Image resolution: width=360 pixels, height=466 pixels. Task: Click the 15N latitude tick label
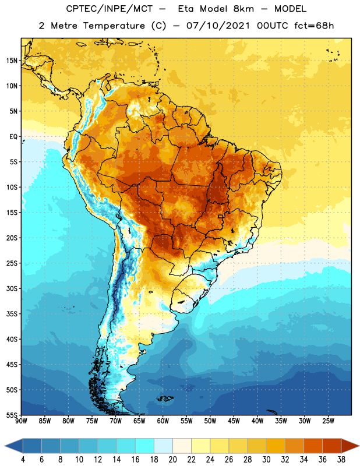point(12,61)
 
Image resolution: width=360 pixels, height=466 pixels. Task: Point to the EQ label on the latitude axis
point(13,137)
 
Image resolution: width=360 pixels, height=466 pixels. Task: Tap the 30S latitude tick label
point(12,288)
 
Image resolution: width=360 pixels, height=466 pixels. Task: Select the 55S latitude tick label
point(12,415)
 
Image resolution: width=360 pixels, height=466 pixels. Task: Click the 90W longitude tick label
point(21,421)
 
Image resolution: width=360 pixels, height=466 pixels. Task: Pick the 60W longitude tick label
point(163,421)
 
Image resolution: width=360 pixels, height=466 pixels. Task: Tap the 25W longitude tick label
point(328,421)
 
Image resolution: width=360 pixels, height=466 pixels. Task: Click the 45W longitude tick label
point(234,421)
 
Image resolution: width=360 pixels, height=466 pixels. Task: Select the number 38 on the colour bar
point(341,460)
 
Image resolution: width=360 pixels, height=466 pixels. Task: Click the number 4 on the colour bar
point(23,460)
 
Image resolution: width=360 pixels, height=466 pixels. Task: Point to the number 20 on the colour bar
point(172,460)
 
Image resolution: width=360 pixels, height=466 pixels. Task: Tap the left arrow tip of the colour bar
point(5,446)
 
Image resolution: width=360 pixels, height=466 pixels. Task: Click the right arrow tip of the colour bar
point(359,446)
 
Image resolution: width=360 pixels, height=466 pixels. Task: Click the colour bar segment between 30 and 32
point(276,446)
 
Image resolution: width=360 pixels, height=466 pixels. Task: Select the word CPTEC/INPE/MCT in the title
point(109,9)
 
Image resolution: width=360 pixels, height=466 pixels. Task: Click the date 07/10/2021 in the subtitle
point(218,26)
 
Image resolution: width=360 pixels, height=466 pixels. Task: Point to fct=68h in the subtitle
point(314,26)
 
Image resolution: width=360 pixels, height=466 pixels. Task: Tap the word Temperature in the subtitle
point(114,26)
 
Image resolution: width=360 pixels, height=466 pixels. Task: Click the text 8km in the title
point(243,9)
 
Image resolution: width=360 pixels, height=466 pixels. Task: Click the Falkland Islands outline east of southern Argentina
point(165,398)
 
